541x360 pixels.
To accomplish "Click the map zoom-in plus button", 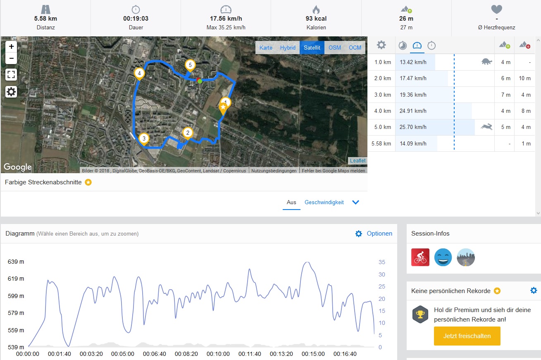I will (11, 46).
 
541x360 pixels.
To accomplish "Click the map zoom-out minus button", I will (11, 58).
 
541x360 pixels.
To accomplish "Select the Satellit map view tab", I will (312, 48).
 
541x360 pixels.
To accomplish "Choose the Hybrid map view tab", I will (288, 48).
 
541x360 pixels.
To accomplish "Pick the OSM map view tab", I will (335, 48).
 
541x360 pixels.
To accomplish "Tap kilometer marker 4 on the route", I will (140, 74).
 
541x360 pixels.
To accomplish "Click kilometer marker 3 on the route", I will (144, 138).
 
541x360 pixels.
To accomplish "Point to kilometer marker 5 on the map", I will (190, 65).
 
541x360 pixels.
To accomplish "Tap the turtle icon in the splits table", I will (486, 62).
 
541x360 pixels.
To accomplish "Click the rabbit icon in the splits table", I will (486, 127).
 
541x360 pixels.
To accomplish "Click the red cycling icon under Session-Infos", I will (420, 257).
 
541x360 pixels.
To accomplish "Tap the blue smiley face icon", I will (443, 257).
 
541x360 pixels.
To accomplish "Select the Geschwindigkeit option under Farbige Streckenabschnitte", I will (324, 203).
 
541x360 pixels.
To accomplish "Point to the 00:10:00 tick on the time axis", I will (218, 354).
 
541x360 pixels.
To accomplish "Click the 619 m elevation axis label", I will (16, 279).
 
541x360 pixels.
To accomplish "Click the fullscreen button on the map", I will (11, 75).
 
